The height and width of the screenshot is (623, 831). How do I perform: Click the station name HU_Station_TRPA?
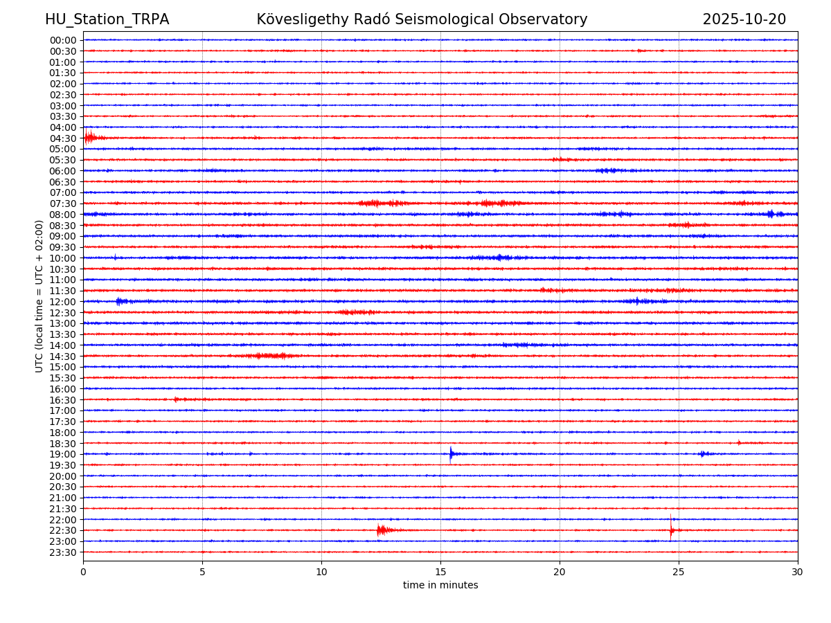107,20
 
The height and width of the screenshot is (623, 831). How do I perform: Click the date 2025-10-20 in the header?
744,20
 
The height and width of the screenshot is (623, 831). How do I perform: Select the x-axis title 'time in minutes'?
440,586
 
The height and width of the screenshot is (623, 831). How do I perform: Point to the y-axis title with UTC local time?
39,296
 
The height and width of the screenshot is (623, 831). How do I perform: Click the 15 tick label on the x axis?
440,572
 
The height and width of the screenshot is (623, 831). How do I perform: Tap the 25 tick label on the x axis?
679,572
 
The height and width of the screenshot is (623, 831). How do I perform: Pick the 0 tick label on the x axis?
83,572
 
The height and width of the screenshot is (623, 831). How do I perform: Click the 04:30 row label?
63,138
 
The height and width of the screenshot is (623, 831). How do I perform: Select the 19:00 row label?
63,454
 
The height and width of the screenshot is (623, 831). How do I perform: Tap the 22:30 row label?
63,530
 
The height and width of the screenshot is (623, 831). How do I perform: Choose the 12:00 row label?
63,302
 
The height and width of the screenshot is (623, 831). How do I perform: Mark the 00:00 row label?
63,40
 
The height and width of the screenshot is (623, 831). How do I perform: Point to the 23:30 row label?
63,552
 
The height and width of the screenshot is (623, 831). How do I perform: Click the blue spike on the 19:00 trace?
451,453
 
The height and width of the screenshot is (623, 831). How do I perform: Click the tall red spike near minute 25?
670,527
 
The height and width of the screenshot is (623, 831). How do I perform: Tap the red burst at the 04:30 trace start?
89,137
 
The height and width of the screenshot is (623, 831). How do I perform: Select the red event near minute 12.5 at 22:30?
380,530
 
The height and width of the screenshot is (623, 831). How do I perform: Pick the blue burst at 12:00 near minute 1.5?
120,301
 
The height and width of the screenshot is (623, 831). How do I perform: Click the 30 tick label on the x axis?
798,572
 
